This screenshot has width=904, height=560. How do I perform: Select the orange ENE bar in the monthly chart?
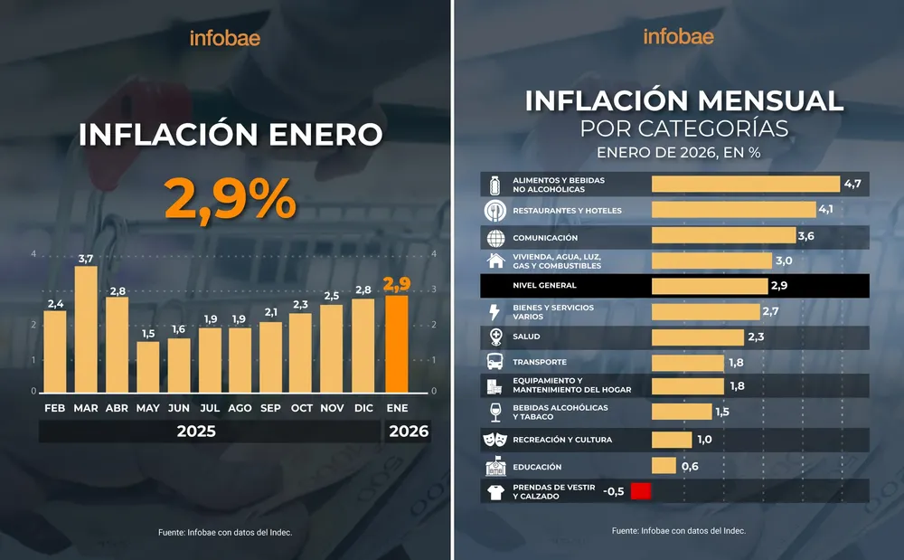coord(397,343)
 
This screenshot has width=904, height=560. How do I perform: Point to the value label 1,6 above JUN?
coord(179,329)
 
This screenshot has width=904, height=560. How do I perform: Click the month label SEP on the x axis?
coord(270,408)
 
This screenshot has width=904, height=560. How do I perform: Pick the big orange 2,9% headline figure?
coord(230,198)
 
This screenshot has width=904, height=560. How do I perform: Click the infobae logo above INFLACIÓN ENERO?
coord(224,38)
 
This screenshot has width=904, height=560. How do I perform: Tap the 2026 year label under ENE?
coord(409,432)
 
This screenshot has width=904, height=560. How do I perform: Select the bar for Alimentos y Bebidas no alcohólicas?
coord(746,185)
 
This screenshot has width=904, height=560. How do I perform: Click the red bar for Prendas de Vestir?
coord(641,491)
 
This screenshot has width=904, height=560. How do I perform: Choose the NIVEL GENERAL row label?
coord(544,286)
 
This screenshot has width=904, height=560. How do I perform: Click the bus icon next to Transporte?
coord(495,363)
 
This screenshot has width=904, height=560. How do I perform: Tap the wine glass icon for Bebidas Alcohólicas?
coord(495,413)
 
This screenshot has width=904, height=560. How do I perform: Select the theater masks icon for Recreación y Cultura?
coord(495,440)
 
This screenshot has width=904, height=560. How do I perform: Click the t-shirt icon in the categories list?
coord(495,492)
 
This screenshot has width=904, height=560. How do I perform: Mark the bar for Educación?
coord(664,466)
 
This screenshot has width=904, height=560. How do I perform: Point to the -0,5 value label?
coord(614,491)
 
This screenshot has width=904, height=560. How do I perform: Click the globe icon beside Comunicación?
coord(495,238)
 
